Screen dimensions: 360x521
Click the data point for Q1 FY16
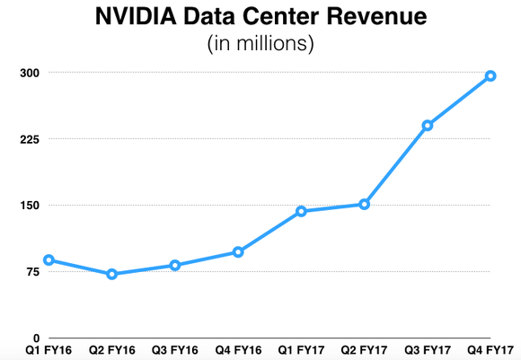[x=49, y=260]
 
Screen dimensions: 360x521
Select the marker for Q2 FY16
[x=111, y=274]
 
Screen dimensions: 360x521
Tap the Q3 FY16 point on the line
[x=175, y=265]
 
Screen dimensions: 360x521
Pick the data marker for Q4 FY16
[x=238, y=252]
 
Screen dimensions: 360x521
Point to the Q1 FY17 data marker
[x=301, y=211]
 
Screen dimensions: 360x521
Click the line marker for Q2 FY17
[x=365, y=204]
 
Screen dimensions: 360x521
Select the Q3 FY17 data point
[x=428, y=125]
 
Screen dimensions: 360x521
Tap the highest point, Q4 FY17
[x=490, y=75]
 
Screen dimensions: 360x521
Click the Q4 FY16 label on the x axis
[x=238, y=350]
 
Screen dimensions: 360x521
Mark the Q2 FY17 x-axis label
[x=365, y=350]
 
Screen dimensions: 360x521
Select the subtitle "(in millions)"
[x=260, y=44]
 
